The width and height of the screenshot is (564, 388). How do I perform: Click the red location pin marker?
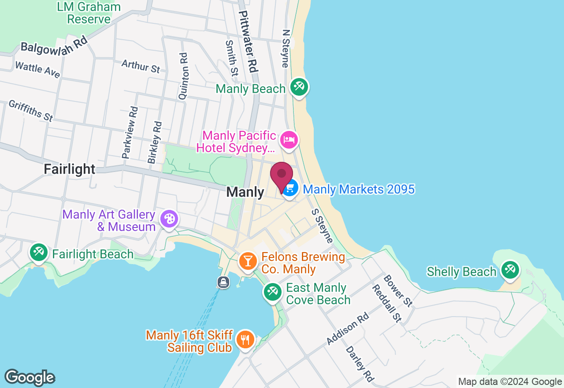tap(282, 175)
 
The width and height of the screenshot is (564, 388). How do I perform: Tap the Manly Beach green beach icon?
tap(299, 86)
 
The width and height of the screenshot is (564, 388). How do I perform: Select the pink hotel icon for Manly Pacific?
tap(289, 140)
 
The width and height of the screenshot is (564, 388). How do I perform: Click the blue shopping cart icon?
tap(289, 189)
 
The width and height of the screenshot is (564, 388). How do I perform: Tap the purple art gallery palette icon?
tap(169, 219)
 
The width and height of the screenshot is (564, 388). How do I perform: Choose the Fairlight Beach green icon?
tap(38, 253)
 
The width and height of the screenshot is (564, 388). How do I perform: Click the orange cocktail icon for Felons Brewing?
tap(248, 261)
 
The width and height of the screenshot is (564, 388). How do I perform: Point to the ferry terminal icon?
tap(223, 282)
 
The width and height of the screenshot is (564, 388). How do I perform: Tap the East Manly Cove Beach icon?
tap(272, 292)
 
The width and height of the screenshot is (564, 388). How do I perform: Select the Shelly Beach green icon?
tap(510, 269)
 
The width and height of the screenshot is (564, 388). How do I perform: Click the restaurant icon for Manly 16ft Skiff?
tap(245, 339)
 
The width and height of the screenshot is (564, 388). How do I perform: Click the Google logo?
tap(30, 377)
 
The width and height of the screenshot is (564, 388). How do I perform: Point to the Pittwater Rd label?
tap(248, 42)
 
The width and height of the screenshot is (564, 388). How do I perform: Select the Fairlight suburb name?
tap(70, 169)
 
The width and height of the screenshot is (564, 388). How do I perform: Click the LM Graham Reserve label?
tap(89, 13)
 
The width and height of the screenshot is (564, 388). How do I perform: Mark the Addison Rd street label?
tap(347, 329)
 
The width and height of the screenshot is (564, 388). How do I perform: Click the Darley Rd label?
tap(360, 364)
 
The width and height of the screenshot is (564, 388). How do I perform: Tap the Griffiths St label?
tap(31, 111)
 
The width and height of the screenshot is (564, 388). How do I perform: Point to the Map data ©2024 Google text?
tap(510, 382)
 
